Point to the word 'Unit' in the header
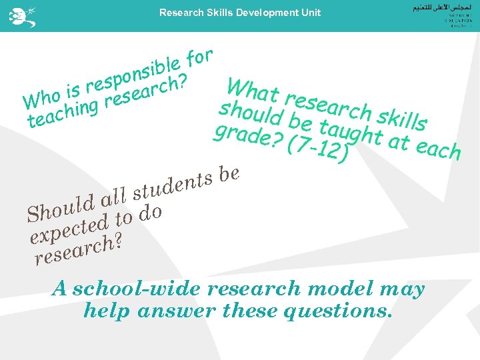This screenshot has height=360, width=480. pyautogui.click(x=310, y=13)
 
